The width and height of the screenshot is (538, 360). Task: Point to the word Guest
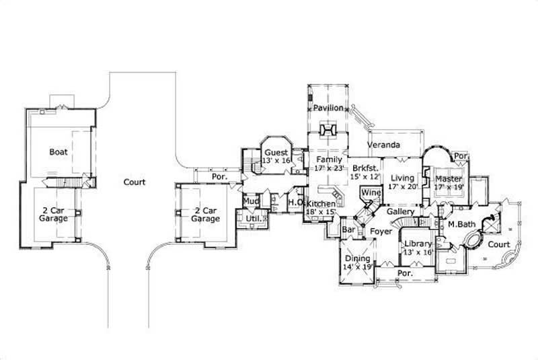coord(276,153)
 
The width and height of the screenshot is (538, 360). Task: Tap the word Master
coord(449,178)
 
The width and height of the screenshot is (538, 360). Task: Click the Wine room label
coord(371,193)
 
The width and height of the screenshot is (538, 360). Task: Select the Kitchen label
coord(321,203)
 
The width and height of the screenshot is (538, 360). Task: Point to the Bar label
coord(348,230)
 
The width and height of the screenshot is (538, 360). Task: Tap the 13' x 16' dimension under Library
coord(417,252)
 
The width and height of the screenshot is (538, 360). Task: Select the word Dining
coord(357,258)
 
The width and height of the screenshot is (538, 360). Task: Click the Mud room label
coord(251,201)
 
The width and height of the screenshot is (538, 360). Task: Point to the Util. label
coord(252,219)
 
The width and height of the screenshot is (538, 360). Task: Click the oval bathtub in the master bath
coord(471,241)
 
